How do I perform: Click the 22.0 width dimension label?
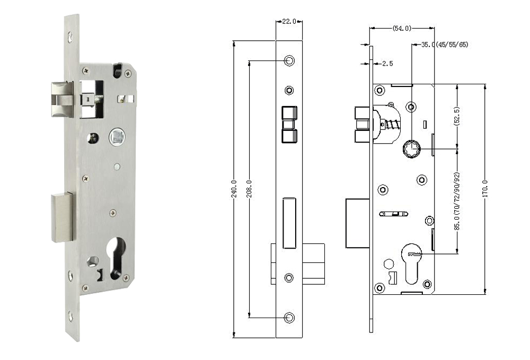tap(289, 21)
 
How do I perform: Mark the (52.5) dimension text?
tap(456, 117)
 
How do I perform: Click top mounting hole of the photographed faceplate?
tap(70, 37)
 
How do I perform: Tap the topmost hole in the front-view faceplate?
tap(289, 61)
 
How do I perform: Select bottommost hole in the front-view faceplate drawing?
tap(289, 318)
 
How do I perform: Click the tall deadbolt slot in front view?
tap(289, 223)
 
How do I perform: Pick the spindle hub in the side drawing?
tap(411, 149)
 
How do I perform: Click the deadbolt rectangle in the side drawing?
tap(357, 223)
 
